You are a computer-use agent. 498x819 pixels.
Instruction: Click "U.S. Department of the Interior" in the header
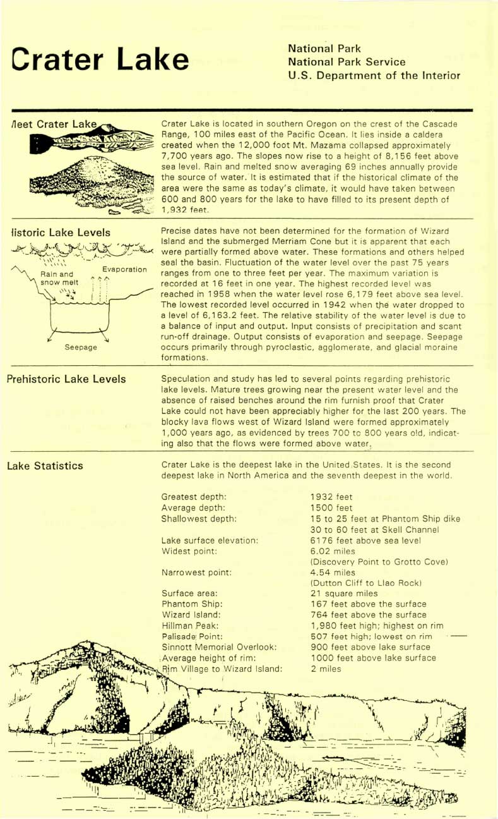(x=374, y=76)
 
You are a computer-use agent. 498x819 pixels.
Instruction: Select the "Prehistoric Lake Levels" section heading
(x=66, y=379)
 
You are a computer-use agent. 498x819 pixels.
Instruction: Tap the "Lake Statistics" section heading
(x=45, y=466)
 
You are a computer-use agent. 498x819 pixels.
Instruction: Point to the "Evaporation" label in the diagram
(x=124, y=269)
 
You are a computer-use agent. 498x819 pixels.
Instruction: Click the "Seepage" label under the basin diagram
(x=81, y=347)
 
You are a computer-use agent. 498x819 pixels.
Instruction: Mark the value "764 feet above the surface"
(x=368, y=615)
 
